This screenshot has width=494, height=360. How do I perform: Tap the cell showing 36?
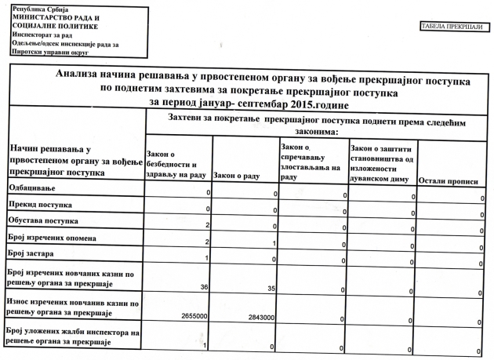(204, 288)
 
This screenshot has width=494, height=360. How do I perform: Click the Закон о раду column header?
(236, 175)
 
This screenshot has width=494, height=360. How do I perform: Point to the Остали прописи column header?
(449, 180)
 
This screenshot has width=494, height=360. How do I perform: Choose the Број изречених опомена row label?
(53, 238)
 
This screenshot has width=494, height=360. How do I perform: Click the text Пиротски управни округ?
(49, 53)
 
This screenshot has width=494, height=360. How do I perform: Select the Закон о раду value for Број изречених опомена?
(274, 244)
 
